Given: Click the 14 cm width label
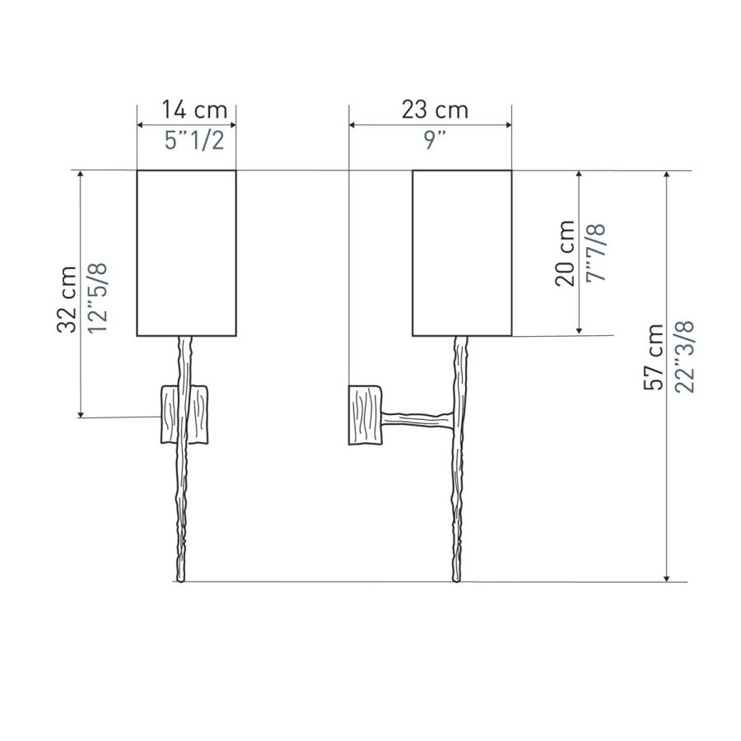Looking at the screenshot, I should pos(186,110).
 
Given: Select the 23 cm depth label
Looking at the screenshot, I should pos(435,110).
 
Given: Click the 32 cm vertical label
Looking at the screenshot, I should pos(68,299).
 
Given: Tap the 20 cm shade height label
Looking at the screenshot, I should pos(565,252).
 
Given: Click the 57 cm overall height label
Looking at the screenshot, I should pos(655,357).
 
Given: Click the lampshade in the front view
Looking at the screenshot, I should pos(186,253).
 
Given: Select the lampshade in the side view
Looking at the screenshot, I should pos(462,253).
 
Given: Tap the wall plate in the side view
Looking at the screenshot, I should pos(365,416).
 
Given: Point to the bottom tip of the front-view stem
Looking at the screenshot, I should pos(180,580).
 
